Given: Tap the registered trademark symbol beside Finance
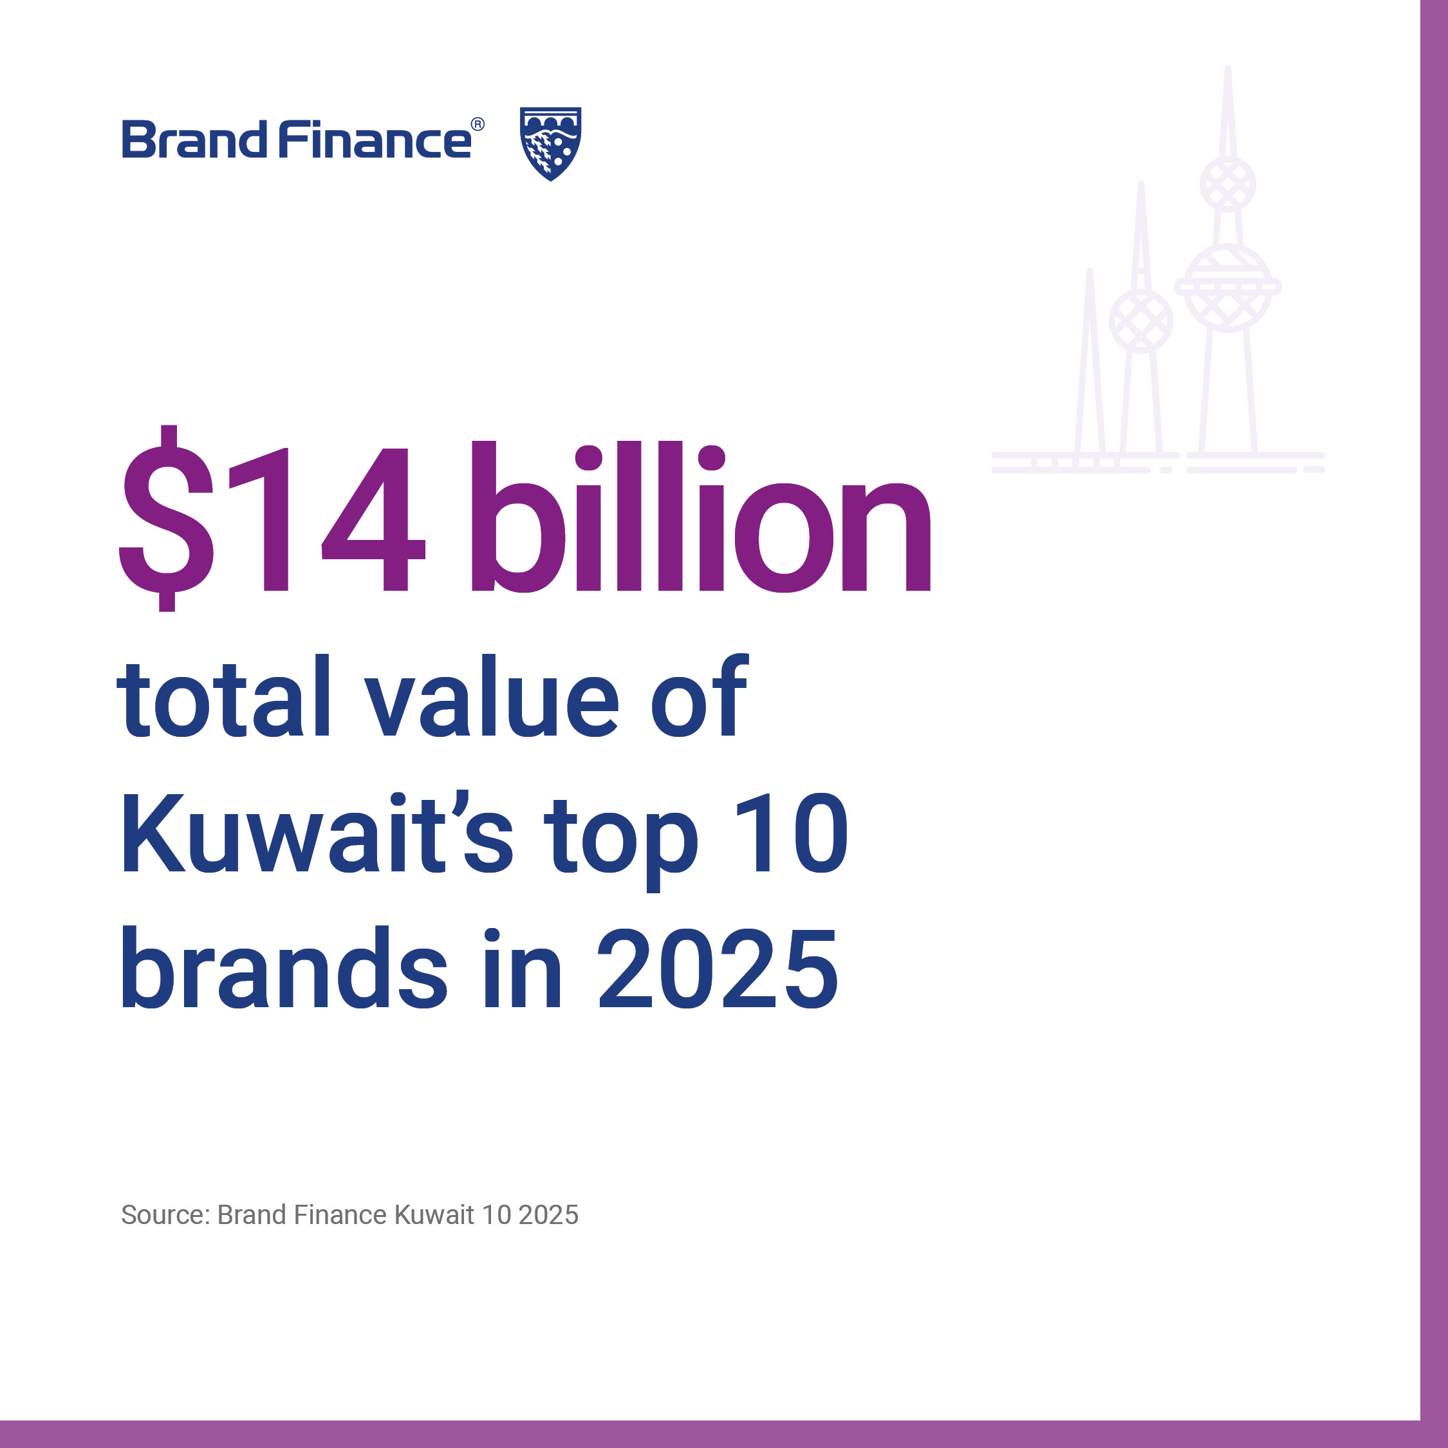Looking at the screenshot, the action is pos(478,124).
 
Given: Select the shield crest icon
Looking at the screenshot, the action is pos(550,143).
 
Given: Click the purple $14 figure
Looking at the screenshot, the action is pos(272,518).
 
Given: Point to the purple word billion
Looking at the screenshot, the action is pos(701,516).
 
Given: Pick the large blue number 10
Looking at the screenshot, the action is pos(791,832).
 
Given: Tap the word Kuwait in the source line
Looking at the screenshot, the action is pos(434,1215).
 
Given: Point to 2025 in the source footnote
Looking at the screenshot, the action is pos(548,1215).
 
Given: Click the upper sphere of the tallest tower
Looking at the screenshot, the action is pos(1228,184).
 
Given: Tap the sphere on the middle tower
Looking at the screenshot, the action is pos(1141,320).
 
